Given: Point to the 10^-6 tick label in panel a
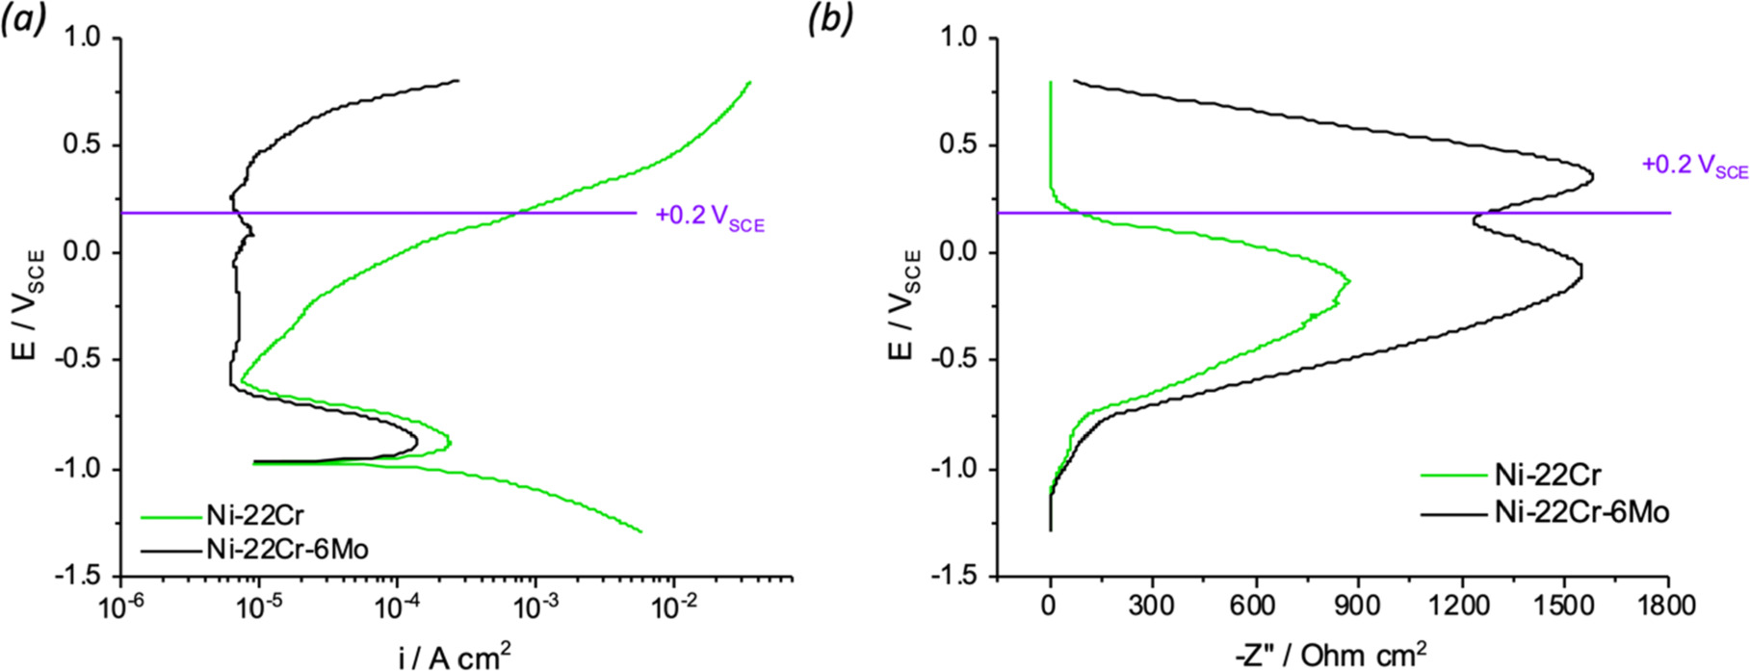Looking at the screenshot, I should pyautogui.click(x=119, y=606).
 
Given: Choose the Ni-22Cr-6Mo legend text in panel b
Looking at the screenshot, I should pyautogui.click(x=1581, y=512).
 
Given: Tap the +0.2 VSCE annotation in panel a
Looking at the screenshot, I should pyautogui.click(x=710, y=218).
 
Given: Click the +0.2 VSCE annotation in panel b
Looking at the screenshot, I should pyautogui.click(x=1694, y=167).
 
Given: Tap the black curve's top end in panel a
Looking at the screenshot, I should pyautogui.click(x=458, y=81).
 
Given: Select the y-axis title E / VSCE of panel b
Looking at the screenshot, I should pyautogui.click(x=904, y=305).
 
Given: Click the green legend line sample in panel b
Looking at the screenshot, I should pyautogui.click(x=1453, y=475).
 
